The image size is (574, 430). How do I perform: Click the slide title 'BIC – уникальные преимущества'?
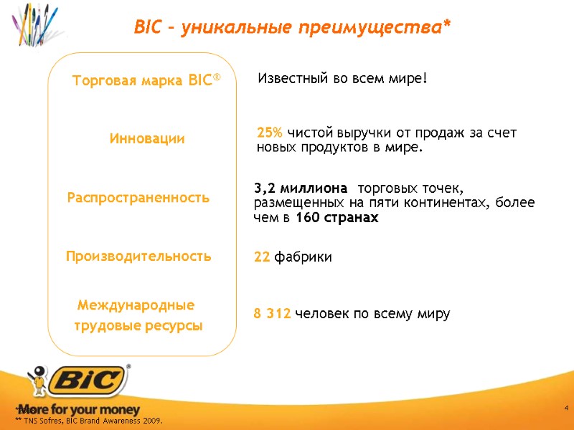point(292,28)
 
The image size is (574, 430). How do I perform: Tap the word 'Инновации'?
point(147,139)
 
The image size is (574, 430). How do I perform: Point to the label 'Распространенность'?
point(138,198)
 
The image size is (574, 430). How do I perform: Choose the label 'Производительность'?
point(138,256)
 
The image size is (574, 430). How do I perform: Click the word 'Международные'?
point(136,306)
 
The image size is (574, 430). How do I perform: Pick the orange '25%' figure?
point(270,133)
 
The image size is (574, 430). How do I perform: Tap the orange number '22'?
point(262,257)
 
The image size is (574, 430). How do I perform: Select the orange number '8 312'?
point(273,314)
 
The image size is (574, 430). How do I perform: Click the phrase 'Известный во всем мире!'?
point(342,78)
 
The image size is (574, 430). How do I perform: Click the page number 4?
point(566,408)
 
